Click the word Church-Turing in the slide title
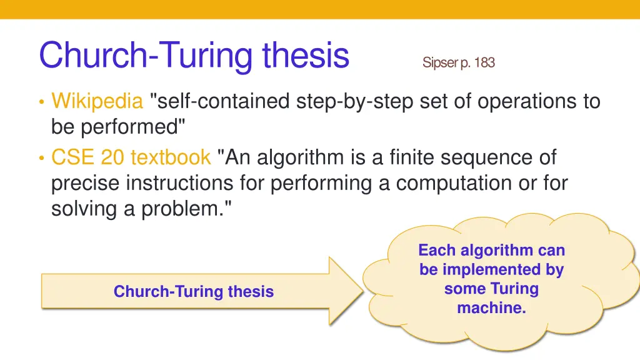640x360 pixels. pyautogui.click(x=147, y=56)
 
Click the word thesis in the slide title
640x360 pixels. pyautogui.click(x=305, y=56)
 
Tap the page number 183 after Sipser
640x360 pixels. pyautogui.click(x=484, y=62)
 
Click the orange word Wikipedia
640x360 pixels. pyautogui.click(x=97, y=101)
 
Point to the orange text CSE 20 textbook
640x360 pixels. pyautogui.click(x=131, y=157)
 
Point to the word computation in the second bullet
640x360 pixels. pyautogui.click(x=449, y=184)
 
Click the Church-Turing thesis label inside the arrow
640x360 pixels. pyautogui.click(x=193, y=291)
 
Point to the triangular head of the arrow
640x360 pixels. pyautogui.click(x=344, y=291)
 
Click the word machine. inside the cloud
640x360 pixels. pyautogui.click(x=491, y=307)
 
